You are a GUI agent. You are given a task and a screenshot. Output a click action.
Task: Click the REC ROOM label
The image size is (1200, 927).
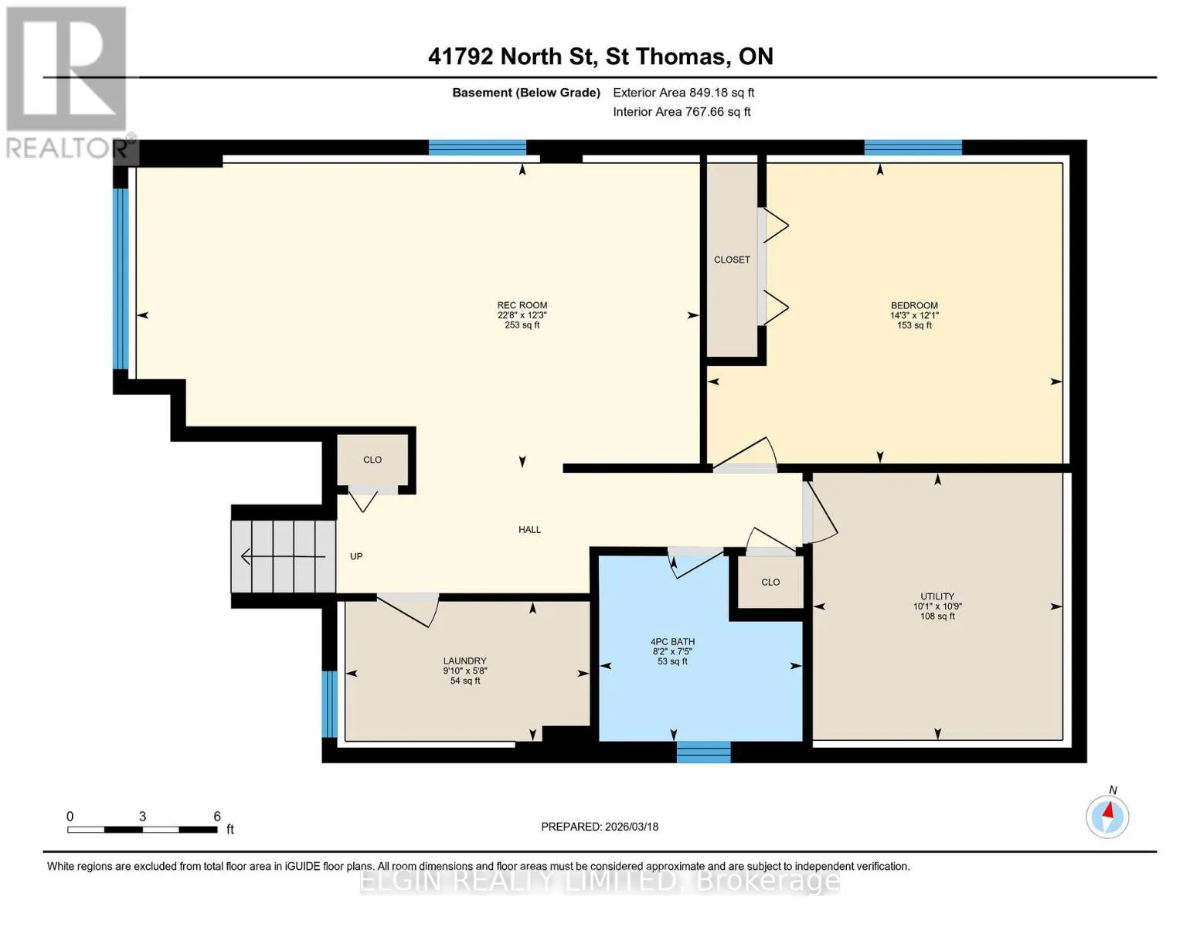[522, 305]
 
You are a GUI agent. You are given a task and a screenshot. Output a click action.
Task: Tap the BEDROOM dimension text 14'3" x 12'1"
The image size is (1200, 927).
[914, 315]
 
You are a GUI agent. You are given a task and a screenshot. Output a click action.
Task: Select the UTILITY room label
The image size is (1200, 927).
[937, 596]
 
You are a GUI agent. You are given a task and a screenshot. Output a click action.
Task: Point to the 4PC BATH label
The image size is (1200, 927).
[672, 641]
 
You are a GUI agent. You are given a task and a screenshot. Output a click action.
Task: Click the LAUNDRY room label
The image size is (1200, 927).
[464, 661]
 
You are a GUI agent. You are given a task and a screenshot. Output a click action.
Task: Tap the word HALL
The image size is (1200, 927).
[529, 529]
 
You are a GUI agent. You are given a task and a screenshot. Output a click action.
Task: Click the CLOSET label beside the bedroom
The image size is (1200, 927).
[732, 260]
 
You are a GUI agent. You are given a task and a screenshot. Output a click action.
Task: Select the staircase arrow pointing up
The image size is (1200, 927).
[283, 556]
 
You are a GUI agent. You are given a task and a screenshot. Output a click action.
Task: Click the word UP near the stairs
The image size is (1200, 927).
[356, 556]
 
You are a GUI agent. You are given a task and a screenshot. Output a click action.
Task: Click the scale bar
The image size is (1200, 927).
[142, 829]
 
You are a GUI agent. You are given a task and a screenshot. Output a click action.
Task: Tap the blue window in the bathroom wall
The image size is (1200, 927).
[704, 752]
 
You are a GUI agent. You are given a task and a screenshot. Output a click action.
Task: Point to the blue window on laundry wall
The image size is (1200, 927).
[329, 704]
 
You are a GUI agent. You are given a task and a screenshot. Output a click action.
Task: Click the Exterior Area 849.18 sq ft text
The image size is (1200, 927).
[684, 93]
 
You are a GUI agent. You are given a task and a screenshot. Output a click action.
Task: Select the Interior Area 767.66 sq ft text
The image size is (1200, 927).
[682, 112]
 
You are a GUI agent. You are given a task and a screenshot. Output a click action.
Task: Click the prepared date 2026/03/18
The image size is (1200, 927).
[632, 827]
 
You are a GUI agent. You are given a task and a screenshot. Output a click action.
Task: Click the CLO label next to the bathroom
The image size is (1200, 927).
[770, 582]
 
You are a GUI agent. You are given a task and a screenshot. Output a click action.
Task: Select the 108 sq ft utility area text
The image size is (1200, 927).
[937, 616]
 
